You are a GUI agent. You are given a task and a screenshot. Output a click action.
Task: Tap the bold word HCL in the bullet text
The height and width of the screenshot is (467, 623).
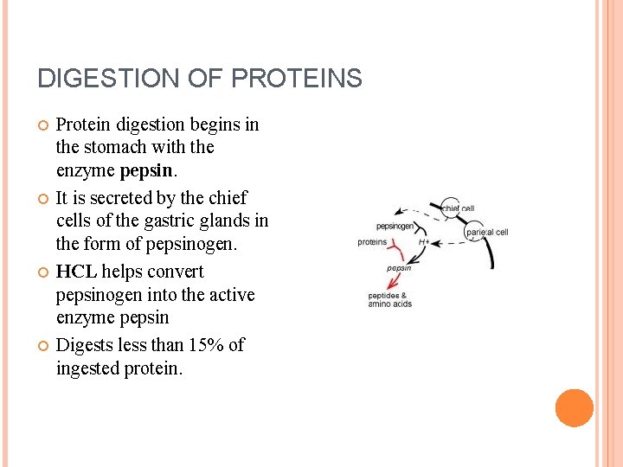(76, 272)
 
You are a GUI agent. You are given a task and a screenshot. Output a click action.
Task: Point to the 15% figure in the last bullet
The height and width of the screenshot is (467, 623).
(203, 345)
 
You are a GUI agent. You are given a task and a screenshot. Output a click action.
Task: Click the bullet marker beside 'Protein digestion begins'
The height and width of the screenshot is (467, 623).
(42, 125)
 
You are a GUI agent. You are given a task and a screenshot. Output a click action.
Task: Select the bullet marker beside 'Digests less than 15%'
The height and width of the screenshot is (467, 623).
(42, 346)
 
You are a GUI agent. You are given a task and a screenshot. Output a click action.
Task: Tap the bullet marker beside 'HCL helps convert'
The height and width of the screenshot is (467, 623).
(42, 272)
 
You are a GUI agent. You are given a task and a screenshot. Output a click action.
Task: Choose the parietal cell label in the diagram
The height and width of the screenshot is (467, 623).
(487, 233)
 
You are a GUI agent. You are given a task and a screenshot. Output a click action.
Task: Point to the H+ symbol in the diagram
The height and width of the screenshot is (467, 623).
(424, 243)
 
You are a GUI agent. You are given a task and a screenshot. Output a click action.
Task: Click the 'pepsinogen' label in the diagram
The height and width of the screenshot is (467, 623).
(395, 226)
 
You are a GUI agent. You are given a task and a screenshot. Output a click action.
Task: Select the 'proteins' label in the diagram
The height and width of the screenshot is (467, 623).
(372, 242)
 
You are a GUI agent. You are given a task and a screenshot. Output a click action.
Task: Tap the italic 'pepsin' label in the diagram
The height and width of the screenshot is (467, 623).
(399, 268)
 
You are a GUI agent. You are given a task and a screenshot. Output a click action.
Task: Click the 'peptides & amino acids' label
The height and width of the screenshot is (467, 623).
(389, 300)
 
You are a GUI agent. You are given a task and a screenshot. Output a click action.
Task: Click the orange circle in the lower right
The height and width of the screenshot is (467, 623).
(574, 408)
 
